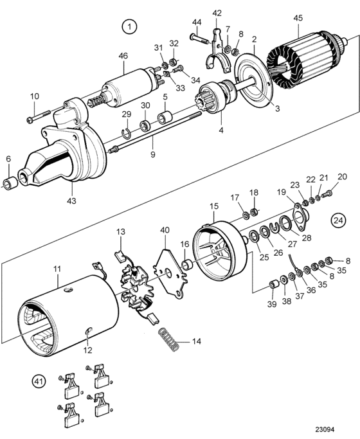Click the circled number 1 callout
tap(129, 27)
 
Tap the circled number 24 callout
tap(338, 220)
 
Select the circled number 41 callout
tap(39, 381)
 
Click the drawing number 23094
tap(325, 429)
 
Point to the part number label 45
tap(298, 18)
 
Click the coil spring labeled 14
tap(168, 339)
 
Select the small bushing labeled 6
tap(10, 181)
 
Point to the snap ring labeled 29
tap(127, 134)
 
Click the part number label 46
tap(123, 56)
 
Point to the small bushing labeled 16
tap(186, 264)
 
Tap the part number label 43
tap(71, 201)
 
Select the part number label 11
tap(57, 269)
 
